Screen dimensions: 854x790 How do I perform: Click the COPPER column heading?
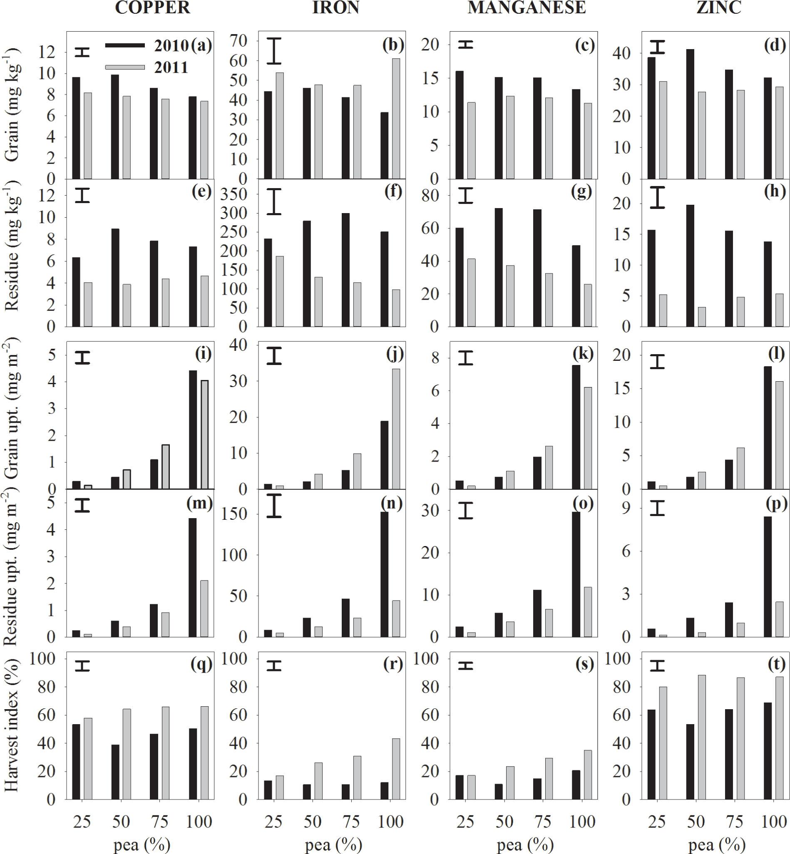point(153,7)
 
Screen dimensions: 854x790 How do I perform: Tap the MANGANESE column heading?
point(526,7)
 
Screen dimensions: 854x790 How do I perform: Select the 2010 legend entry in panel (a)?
point(171,45)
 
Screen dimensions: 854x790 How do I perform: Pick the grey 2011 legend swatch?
point(125,67)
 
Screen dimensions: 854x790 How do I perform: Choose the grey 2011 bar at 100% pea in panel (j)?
point(396,429)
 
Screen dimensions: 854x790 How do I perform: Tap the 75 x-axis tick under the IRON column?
point(351,821)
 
